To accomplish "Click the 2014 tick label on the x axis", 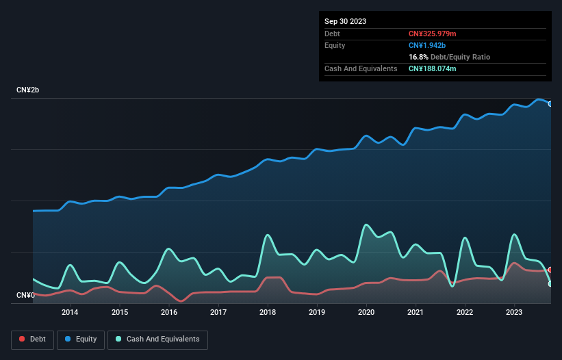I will tap(69, 312).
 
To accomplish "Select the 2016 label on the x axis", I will tap(168, 312).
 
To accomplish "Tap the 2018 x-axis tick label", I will tap(268, 312).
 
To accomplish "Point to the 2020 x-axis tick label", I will tap(366, 312).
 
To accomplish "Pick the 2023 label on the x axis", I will tap(514, 312).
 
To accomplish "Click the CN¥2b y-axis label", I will tap(28, 90).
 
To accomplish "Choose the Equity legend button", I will tap(81, 339).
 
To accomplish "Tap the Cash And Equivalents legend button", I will tap(157, 339).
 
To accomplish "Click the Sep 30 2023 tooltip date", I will tap(345, 21).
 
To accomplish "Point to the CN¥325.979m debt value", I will tap(432, 34).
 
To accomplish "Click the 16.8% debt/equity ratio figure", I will tap(418, 57).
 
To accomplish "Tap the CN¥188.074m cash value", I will tap(432, 68).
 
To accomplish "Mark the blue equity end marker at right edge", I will tap(550, 104).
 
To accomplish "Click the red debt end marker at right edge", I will tap(550, 270).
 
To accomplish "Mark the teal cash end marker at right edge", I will tap(550, 283).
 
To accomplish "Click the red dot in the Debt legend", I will tap(23, 339).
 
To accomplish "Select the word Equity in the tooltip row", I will tap(335, 45).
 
